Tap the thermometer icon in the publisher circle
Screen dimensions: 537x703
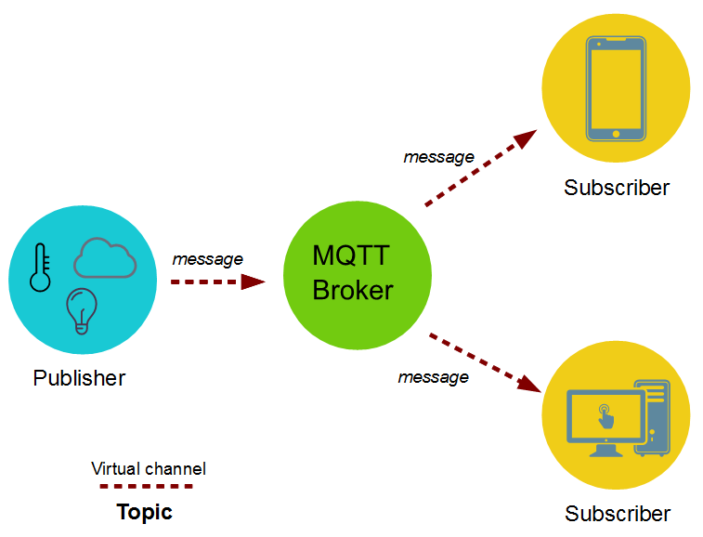[x=40, y=268]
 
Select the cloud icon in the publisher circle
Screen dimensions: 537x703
[x=105, y=257]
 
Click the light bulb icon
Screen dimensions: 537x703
[x=81, y=310]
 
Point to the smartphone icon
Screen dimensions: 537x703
[x=616, y=88]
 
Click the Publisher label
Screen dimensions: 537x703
[x=79, y=378]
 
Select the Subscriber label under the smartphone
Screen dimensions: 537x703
[x=617, y=188]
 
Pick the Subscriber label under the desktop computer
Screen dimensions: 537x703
[x=618, y=514]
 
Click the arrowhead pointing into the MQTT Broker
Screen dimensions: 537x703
[x=253, y=282]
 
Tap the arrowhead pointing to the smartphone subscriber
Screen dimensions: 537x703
[x=526, y=139]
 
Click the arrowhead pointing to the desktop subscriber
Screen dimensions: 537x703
[x=530, y=384]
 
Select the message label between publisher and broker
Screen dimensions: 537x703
[x=208, y=259]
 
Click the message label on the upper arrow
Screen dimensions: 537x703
[x=438, y=157]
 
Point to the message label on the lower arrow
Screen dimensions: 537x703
[x=433, y=377]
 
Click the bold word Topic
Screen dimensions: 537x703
[x=144, y=512]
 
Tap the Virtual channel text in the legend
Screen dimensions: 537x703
[x=149, y=468]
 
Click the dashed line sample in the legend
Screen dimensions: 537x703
[x=147, y=486]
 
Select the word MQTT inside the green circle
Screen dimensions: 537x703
[x=352, y=255]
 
